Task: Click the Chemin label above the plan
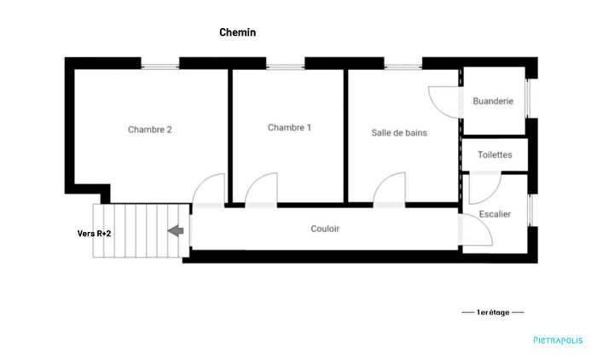(x=238, y=32)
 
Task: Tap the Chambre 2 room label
(x=150, y=130)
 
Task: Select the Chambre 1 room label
(x=289, y=128)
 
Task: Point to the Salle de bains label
(x=399, y=133)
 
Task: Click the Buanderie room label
(x=493, y=101)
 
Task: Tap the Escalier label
(x=495, y=213)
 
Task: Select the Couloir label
(x=325, y=229)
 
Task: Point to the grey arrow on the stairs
(x=177, y=230)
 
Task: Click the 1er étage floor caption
(x=493, y=312)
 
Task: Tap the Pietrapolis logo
(x=559, y=340)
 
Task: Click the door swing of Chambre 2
(x=210, y=190)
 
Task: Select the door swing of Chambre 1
(x=262, y=190)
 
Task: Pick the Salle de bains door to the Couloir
(x=389, y=190)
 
